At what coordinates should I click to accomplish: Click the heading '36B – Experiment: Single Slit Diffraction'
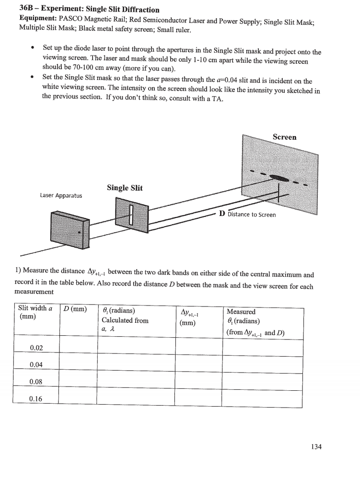point(89,10)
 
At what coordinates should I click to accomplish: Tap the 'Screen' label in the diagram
point(284,137)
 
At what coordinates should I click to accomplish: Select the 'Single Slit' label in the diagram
point(124,188)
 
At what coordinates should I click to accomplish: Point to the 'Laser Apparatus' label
point(61,195)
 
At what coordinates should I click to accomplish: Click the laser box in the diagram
point(70,230)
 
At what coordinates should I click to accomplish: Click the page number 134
point(316,446)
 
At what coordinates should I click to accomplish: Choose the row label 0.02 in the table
point(36,348)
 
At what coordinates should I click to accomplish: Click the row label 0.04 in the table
point(36,365)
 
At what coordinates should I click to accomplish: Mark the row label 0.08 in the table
point(36,382)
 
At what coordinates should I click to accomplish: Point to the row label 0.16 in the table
point(36,398)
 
